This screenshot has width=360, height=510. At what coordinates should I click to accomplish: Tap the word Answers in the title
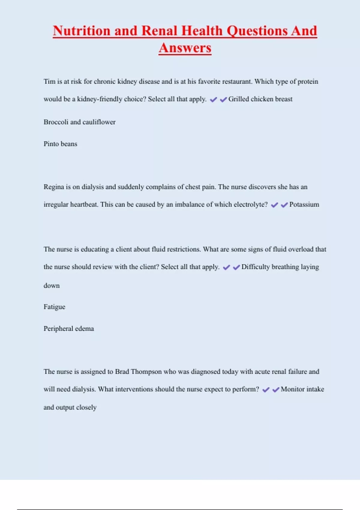click(185, 48)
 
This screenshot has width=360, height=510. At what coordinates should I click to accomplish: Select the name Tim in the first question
click(49, 82)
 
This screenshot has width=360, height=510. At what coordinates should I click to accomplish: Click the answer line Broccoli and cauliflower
click(79, 122)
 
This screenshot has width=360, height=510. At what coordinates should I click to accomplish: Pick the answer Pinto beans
click(60, 144)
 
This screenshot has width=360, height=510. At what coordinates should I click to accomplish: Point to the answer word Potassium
click(304, 205)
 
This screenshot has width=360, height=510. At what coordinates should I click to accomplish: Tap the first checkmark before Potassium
click(274, 205)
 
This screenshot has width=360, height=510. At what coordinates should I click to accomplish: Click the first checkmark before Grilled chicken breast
click(213, 100)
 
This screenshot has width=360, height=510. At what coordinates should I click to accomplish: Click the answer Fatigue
click(54, 307)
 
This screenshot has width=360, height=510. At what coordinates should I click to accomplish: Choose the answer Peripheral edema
click(69, 329)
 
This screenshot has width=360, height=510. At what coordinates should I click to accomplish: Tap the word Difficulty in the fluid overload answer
click(255, 267)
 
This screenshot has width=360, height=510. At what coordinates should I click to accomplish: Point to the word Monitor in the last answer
click(292, 389)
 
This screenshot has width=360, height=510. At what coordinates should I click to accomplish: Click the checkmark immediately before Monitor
click(276, 390)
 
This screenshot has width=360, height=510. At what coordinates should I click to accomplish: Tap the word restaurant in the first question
click(237, 82)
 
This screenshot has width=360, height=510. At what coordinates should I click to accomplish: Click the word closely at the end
click(86, 407)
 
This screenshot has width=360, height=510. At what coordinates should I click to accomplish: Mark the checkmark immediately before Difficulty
click(236, 267)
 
